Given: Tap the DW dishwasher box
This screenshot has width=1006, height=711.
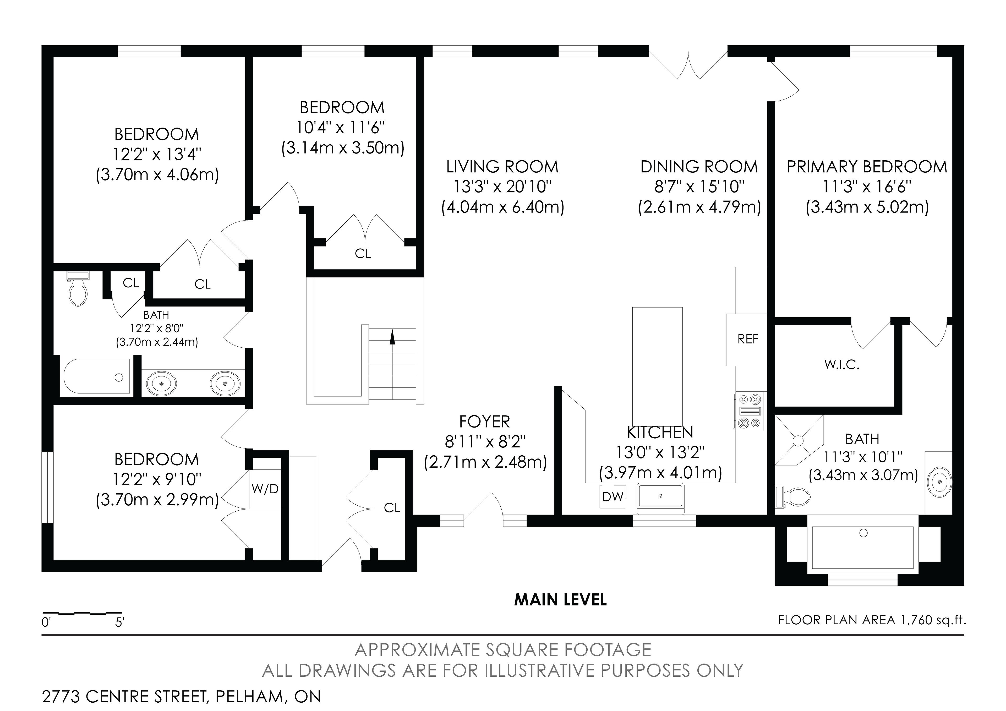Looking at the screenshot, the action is coord(613,496).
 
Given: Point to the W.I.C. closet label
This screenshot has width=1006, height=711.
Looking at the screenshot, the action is coord(842,365).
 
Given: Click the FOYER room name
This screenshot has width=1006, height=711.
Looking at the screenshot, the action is coord(485,422).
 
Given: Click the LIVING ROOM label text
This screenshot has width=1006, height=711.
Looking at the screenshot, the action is coord(502,167).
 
